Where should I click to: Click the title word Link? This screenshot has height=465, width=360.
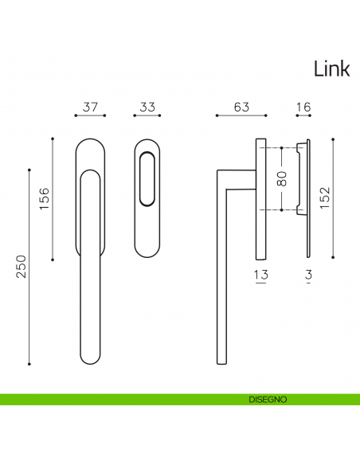332,68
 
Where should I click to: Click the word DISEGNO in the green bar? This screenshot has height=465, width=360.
268,400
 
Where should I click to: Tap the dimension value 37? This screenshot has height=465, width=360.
90,107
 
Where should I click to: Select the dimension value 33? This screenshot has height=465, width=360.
147,107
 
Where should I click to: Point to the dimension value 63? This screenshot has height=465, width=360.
241,107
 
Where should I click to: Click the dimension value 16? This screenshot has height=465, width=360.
303,107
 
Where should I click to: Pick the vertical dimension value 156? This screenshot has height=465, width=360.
44,198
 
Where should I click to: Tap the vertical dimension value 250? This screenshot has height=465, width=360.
21,266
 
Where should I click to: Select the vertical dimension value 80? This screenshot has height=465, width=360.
282,178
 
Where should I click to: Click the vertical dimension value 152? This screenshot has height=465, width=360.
325,197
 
